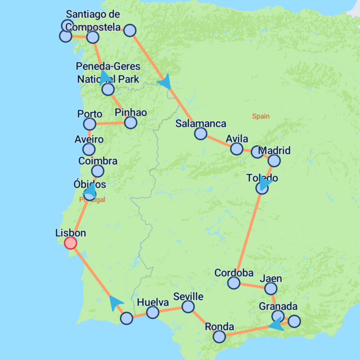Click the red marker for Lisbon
71,243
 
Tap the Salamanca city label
201,124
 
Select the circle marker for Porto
90,124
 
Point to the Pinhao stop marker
130,122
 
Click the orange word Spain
261,116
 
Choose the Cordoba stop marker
233,283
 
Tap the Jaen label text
270,278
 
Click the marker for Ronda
219,337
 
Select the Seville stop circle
188,307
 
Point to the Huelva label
153,302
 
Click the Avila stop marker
237,148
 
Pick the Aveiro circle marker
89,149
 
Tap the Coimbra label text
98,161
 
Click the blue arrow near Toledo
266,184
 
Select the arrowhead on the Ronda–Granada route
276,325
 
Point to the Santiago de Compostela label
93,20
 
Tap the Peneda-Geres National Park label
108,73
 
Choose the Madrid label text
274,150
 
